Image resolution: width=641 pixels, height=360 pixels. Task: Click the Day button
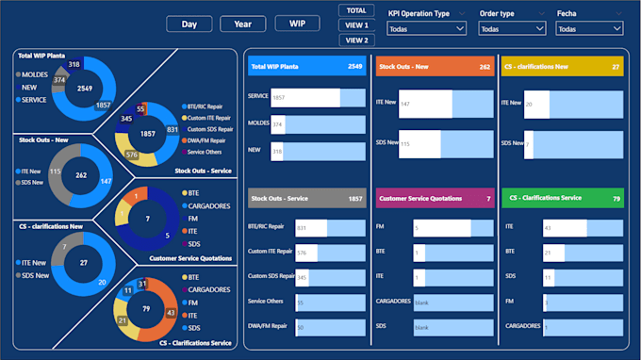[x=189, y=25]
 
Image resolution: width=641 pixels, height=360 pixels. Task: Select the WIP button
[x=297, y=25]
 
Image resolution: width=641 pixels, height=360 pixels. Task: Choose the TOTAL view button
[x=356, y=10]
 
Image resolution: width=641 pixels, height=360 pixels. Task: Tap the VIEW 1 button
[x=356, y=25]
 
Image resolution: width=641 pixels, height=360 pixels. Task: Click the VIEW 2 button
[x=356, y=41]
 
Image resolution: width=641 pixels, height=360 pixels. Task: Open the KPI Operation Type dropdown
[x=426, y=29]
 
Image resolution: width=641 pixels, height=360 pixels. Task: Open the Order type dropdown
[x=511, y=29]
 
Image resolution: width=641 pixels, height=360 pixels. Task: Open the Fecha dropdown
[x=590, y=29]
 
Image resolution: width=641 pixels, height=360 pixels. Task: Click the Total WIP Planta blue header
[x=305, y=67]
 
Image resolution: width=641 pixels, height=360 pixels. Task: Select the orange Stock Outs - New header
[x=434, y=67]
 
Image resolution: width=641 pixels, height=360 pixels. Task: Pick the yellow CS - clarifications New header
[x=562, y=67]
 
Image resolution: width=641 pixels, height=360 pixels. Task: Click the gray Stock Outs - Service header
[x=305, y=199]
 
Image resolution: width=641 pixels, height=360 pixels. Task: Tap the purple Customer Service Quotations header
[x=434, y=199]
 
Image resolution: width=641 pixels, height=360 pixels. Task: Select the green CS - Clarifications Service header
[x=562, y=199]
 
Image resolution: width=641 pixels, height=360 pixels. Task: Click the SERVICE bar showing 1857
[x=305, y=97]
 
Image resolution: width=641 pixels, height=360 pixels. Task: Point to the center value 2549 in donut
[x=85, y=88]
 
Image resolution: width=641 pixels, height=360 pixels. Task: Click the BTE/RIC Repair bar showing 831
[x=311, y=227]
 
